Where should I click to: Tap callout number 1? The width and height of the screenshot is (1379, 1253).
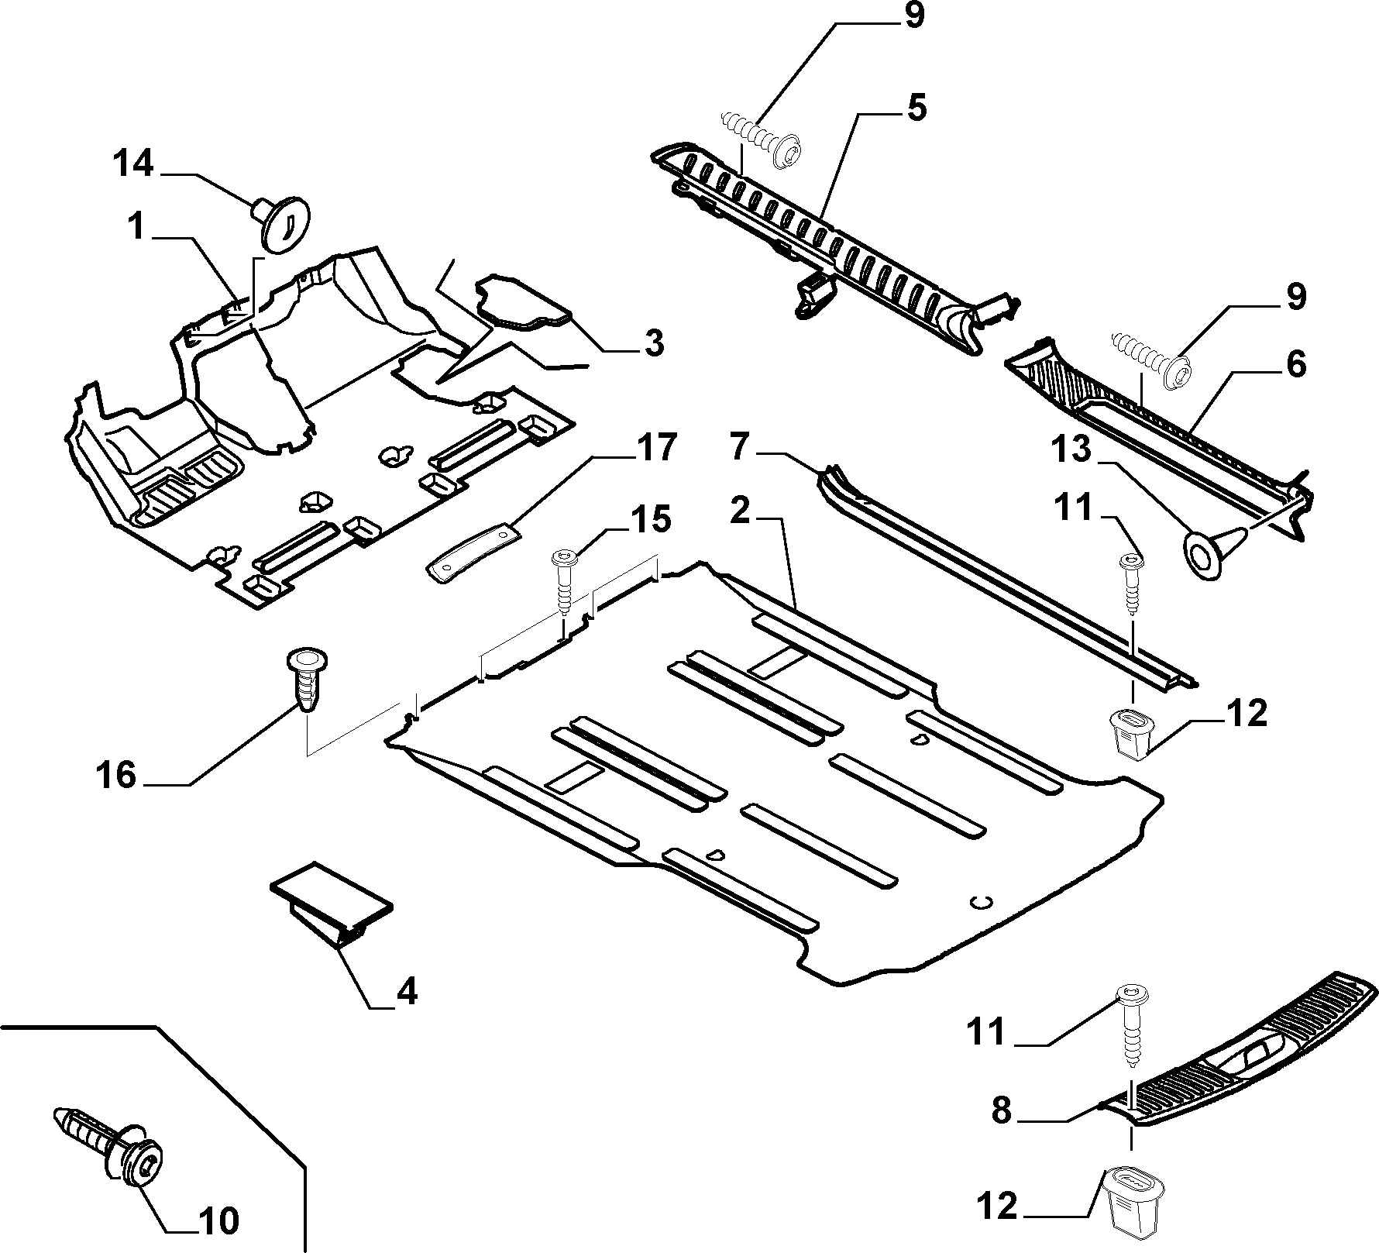[x=137, y=228]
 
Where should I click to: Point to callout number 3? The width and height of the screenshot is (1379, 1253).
[x=655, y=343]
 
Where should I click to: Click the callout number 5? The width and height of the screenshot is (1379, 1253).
[x=916, y=108]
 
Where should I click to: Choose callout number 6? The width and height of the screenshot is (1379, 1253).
[x=1295, y=363]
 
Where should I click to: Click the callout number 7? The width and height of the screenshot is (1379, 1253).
[x=741, y=448]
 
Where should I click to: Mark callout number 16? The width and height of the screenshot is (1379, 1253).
[x=117, y=774]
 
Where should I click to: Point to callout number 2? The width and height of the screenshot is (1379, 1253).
[x=741, y=512]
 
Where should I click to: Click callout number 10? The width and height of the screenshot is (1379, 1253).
[x=218, y=1223]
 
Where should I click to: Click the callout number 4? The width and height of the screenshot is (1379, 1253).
[x=407, y=990]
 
